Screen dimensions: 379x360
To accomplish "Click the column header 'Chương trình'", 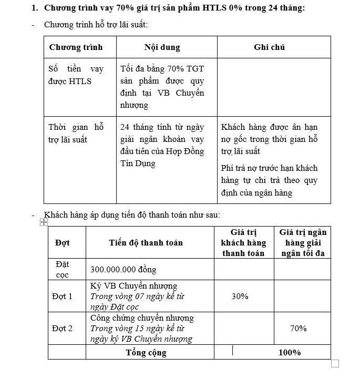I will (x=76, y=47).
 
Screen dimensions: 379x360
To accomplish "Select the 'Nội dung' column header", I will (x=162, y=47).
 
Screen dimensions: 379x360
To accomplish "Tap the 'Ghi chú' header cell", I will (x=269, y=47).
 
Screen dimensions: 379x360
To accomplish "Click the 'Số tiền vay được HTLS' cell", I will (x=76, y=75).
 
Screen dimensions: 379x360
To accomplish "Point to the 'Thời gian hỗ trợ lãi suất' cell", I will (x=76, y=134).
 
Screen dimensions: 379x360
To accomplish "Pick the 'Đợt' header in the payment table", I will (x=62, y=243).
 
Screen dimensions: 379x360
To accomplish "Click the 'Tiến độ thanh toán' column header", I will (x=146, y=243).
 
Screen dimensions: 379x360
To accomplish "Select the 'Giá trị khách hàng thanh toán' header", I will (x=244, y=243).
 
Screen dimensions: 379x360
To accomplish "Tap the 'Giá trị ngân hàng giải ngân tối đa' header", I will (x=303, y=243).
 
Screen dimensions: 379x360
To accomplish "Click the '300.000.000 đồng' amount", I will (x=123, y=270).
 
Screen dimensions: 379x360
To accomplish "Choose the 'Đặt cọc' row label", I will (x=62, y=269).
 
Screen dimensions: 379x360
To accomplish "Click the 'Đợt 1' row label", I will (x=62, y=296).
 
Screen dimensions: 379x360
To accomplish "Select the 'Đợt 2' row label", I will (x=62, y=329).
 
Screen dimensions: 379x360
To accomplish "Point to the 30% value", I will (x=240, y=296).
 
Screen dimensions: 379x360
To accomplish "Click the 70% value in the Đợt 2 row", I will (x=299, y=329).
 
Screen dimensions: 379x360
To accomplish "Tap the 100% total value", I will (x=290, y=353).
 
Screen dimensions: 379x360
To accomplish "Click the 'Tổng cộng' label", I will (x=146, y=353).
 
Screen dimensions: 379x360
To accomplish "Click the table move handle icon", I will (x=44, y=223).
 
